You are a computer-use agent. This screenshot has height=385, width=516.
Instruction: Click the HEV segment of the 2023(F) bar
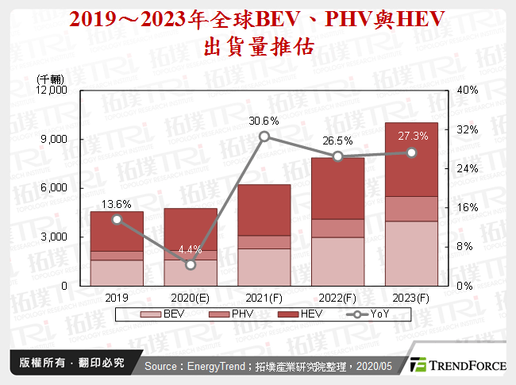[411, 159]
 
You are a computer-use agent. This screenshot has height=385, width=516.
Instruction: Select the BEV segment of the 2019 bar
[117, 272]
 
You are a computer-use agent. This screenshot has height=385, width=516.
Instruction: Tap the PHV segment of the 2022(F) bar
[337, 228]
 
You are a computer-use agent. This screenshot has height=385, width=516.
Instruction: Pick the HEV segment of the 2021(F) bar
[264, 210]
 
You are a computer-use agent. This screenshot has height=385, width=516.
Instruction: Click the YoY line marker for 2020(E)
[191, 264]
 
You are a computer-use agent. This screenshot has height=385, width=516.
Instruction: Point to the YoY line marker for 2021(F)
[264, 137]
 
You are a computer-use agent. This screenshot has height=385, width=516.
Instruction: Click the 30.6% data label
[264, 121]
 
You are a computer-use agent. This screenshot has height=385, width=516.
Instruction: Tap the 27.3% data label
[412, 136]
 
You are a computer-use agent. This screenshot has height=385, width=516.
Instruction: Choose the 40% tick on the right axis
[468, 90]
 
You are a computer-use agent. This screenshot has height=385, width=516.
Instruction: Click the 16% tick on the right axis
[468, 207]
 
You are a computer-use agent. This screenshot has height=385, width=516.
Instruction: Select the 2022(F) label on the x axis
[337, 298]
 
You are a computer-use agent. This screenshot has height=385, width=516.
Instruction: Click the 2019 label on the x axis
[117, 298]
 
